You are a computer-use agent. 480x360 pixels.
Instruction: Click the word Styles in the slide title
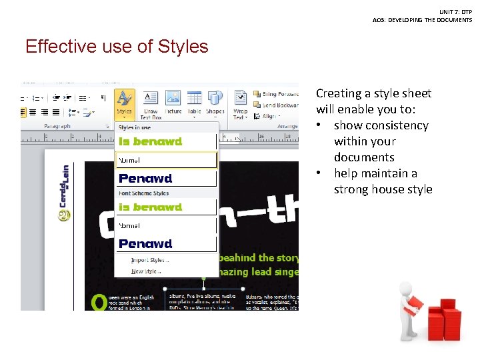point(183,47)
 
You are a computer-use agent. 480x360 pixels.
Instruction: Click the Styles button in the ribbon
point(124,104)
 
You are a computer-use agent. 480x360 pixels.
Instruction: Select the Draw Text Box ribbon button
point(151,105)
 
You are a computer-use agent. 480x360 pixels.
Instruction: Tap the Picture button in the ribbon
point(173,104)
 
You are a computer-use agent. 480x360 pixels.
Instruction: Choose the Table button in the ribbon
point(194,104)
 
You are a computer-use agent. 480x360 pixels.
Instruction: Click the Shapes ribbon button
point(215,104)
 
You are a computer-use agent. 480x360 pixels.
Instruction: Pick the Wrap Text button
point(240,105)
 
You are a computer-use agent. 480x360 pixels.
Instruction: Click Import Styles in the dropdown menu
point(150,260)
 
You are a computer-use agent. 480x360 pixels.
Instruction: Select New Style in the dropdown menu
point(147,271)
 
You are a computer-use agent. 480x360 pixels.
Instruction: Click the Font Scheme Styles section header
point(143,193)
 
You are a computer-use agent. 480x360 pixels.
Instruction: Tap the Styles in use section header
point(135,127)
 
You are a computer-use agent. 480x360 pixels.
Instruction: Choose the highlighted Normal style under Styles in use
point(167,160)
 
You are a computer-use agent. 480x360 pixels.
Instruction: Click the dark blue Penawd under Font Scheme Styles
point(145,244)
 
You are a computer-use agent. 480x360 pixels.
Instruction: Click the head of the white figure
point(405,288)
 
